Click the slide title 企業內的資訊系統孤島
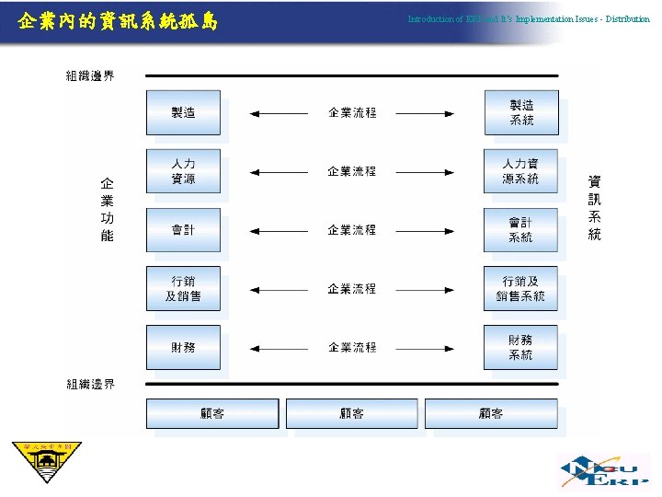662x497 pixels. (x=118, y=19)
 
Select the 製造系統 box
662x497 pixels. (x=520, y=112)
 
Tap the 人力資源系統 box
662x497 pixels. (x=520, y=171)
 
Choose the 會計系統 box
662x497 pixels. (x=520, y=230)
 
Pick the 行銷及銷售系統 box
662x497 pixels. (x=520, y=289)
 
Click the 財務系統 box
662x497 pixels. (x=520, y=347)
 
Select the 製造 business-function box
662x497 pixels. (x=183, y=112)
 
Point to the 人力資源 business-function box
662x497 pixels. (x=183, y=171)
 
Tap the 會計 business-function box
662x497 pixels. (x=183, y=230)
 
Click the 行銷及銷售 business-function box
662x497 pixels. (x=183, y=289)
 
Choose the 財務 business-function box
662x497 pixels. (x=183, y=347)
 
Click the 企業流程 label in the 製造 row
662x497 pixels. (x=352, y=113)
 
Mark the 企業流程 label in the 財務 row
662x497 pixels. (x=352, y=348)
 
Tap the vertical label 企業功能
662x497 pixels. (x=107, y=210)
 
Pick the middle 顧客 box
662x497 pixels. (x=352, y=413)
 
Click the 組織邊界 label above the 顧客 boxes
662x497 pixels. (x=90, y=384)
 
